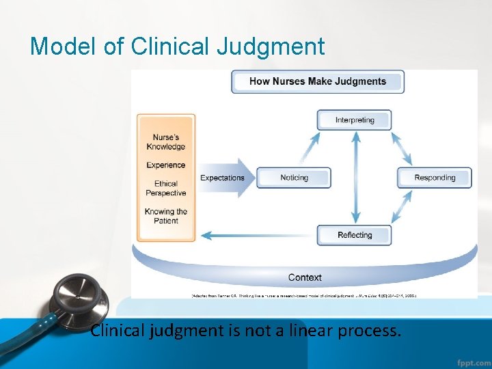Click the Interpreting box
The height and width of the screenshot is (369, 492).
pyautogui.click(x=354, y=120)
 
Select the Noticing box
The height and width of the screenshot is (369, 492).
pyautogui.click(x=294, y=178)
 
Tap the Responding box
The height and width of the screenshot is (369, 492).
pyautogui.click(x=435, y=178)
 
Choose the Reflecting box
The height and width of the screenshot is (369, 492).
pyautogui.click(x=354, y=235)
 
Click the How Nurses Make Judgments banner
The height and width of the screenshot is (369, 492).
pyautogui.click(x=318, y=81)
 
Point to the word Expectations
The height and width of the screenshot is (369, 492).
pyautogui.click(x=222, y=178)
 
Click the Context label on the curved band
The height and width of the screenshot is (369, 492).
pyautogui.click(x=305, y=277)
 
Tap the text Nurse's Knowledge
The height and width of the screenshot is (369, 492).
pyautogui.click(x=166, y=141)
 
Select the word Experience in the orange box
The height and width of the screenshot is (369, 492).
pyautogui.click(x=166, y=165)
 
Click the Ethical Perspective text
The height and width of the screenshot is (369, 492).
pyautogui.click(x=166, y=188)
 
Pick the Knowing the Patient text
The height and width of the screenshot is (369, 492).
pyautogui.click(x=166, y=216)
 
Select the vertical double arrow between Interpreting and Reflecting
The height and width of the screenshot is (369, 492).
pyautogui.click(x=355, y=178)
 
